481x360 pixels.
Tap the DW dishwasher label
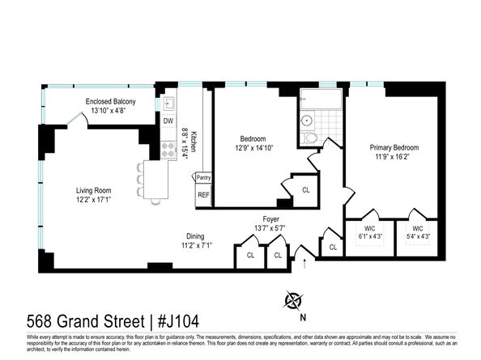tap(168, 121)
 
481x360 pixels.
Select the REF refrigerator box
tap(202, 195)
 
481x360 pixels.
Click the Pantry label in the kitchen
tap(203, 177)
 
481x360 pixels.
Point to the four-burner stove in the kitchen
tap(168, 150)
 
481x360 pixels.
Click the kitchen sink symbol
tap(169, 104)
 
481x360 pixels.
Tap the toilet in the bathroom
tap(310, 138)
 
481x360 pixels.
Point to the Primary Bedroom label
tap(394, 147)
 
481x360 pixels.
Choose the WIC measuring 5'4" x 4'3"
tap(417, 233)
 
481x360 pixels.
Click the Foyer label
tap(271, 218)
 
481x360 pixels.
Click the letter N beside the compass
tap(303, 317)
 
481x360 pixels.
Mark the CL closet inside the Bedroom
tap(305, 189)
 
